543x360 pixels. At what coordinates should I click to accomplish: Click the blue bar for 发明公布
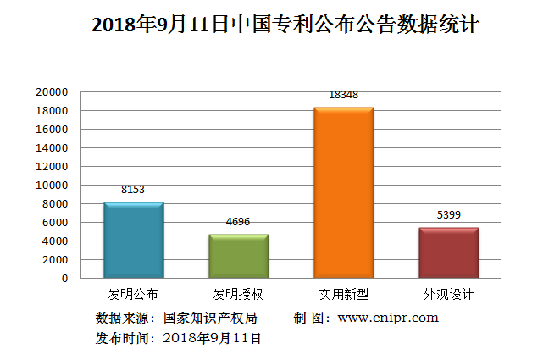133,240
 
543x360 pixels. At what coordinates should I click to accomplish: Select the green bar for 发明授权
239,256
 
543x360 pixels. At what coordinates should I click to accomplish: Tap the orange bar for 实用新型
343,192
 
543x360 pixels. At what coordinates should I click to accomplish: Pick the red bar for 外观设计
448,252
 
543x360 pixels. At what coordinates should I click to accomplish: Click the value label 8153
133,190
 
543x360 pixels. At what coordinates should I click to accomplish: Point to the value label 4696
239,222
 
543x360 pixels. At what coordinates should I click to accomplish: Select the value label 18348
343,95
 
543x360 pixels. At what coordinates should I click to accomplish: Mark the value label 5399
448,215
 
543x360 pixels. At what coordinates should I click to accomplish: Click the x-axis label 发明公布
133,295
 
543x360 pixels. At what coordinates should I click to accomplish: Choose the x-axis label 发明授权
239,295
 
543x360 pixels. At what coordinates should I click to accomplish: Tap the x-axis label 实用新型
343,295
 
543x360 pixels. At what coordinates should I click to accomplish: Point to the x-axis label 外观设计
448,295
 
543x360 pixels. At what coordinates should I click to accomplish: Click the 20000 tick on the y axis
51,91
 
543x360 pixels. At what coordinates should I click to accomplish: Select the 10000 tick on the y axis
51,185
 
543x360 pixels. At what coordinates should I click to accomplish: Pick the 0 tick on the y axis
64,278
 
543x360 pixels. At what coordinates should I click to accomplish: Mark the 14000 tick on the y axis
51,147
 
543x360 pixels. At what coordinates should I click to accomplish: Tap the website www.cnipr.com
388,318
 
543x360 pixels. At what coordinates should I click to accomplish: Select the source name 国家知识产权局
210,318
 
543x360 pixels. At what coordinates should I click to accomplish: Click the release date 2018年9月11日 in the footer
211,338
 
